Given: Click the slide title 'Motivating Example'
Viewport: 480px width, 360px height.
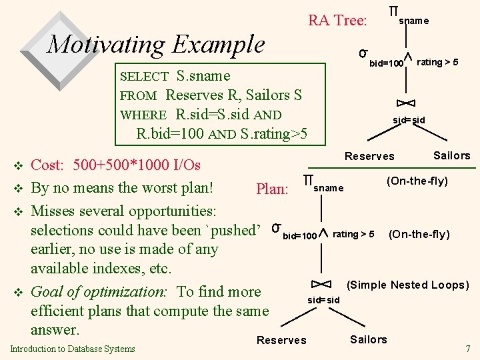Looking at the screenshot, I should click(x=156, y=45).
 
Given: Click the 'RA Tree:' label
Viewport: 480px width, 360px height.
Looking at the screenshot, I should click(x=337, y=21).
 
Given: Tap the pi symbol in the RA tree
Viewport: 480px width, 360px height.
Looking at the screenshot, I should click(x=393, y=12).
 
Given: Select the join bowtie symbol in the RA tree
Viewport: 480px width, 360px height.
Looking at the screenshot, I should click(x=406, y=103).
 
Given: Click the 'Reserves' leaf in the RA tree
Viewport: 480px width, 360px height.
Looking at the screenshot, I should click(x=369, y=156).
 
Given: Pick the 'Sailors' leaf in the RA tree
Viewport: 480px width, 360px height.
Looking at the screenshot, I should click(x=451, y=155).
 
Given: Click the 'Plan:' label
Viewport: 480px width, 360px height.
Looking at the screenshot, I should click(x=272, y=189).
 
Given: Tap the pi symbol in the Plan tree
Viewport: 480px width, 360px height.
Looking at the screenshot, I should click(x=308, y=180).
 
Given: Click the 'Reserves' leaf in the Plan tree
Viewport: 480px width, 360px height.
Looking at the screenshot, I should click(x=281, y=340).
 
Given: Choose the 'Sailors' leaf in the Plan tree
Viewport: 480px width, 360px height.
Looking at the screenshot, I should click(x=368, y=339).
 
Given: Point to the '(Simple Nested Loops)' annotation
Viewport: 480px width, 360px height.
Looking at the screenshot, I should click(x=408, y=285).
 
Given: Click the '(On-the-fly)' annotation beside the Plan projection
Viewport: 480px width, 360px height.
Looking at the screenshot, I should click(x=417, y=181).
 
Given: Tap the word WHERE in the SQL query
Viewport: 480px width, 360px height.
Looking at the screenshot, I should click(x=143, y=115).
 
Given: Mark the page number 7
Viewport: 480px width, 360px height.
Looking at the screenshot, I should click(x=467, y=348).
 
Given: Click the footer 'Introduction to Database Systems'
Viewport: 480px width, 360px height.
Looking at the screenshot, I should click(x=73, y=348).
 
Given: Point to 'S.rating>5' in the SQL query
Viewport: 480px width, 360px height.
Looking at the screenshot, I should click(x=275, y=134).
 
